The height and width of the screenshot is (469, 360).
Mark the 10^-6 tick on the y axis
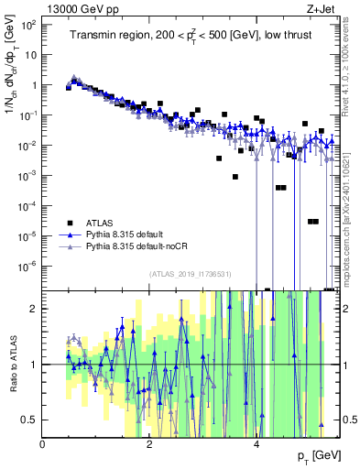[x=27, y=266]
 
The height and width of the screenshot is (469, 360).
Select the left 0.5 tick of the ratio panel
[x=29, y=420]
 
